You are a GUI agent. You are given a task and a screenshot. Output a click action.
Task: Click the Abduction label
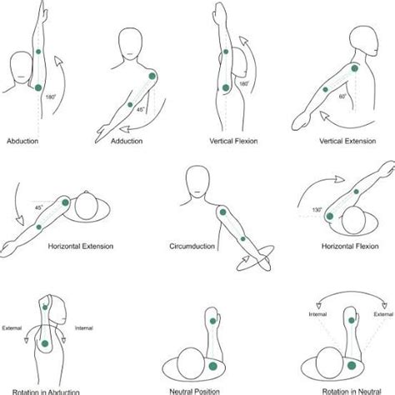[22, 141]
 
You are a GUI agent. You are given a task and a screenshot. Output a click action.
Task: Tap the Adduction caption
[127, 141]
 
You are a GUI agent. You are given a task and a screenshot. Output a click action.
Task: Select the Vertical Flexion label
[233, 141]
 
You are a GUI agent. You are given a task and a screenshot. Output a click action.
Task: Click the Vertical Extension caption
[347, 141]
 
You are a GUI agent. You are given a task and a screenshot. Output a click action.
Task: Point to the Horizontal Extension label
[81, 246]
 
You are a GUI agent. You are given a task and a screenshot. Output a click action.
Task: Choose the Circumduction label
[192, 246]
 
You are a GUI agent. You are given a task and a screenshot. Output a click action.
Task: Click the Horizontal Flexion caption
[350, 246]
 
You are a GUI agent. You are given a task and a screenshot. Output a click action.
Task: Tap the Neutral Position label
[195, 392]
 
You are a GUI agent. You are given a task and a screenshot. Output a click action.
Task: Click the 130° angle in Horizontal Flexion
[317, 210]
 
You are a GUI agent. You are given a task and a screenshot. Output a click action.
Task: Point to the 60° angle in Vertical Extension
[342, 97]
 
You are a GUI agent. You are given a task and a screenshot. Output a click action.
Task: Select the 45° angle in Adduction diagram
[141, 110]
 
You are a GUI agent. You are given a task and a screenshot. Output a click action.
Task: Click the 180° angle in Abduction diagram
[51, 97]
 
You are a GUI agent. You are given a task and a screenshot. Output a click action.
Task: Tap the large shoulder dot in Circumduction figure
[222, 212]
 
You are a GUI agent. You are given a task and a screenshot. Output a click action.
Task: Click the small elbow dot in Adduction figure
[130, 105]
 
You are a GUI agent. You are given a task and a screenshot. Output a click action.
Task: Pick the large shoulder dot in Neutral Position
[212, 367]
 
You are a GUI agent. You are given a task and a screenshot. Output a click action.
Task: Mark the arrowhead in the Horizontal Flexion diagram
[339, 179]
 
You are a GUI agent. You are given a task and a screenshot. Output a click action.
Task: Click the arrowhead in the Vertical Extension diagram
[324, 116]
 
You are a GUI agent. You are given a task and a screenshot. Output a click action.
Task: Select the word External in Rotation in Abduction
[12, 328]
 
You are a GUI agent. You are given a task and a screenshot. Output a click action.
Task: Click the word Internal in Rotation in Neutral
[317, 314]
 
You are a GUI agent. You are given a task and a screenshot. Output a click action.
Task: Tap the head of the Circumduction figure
[197, 182]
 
